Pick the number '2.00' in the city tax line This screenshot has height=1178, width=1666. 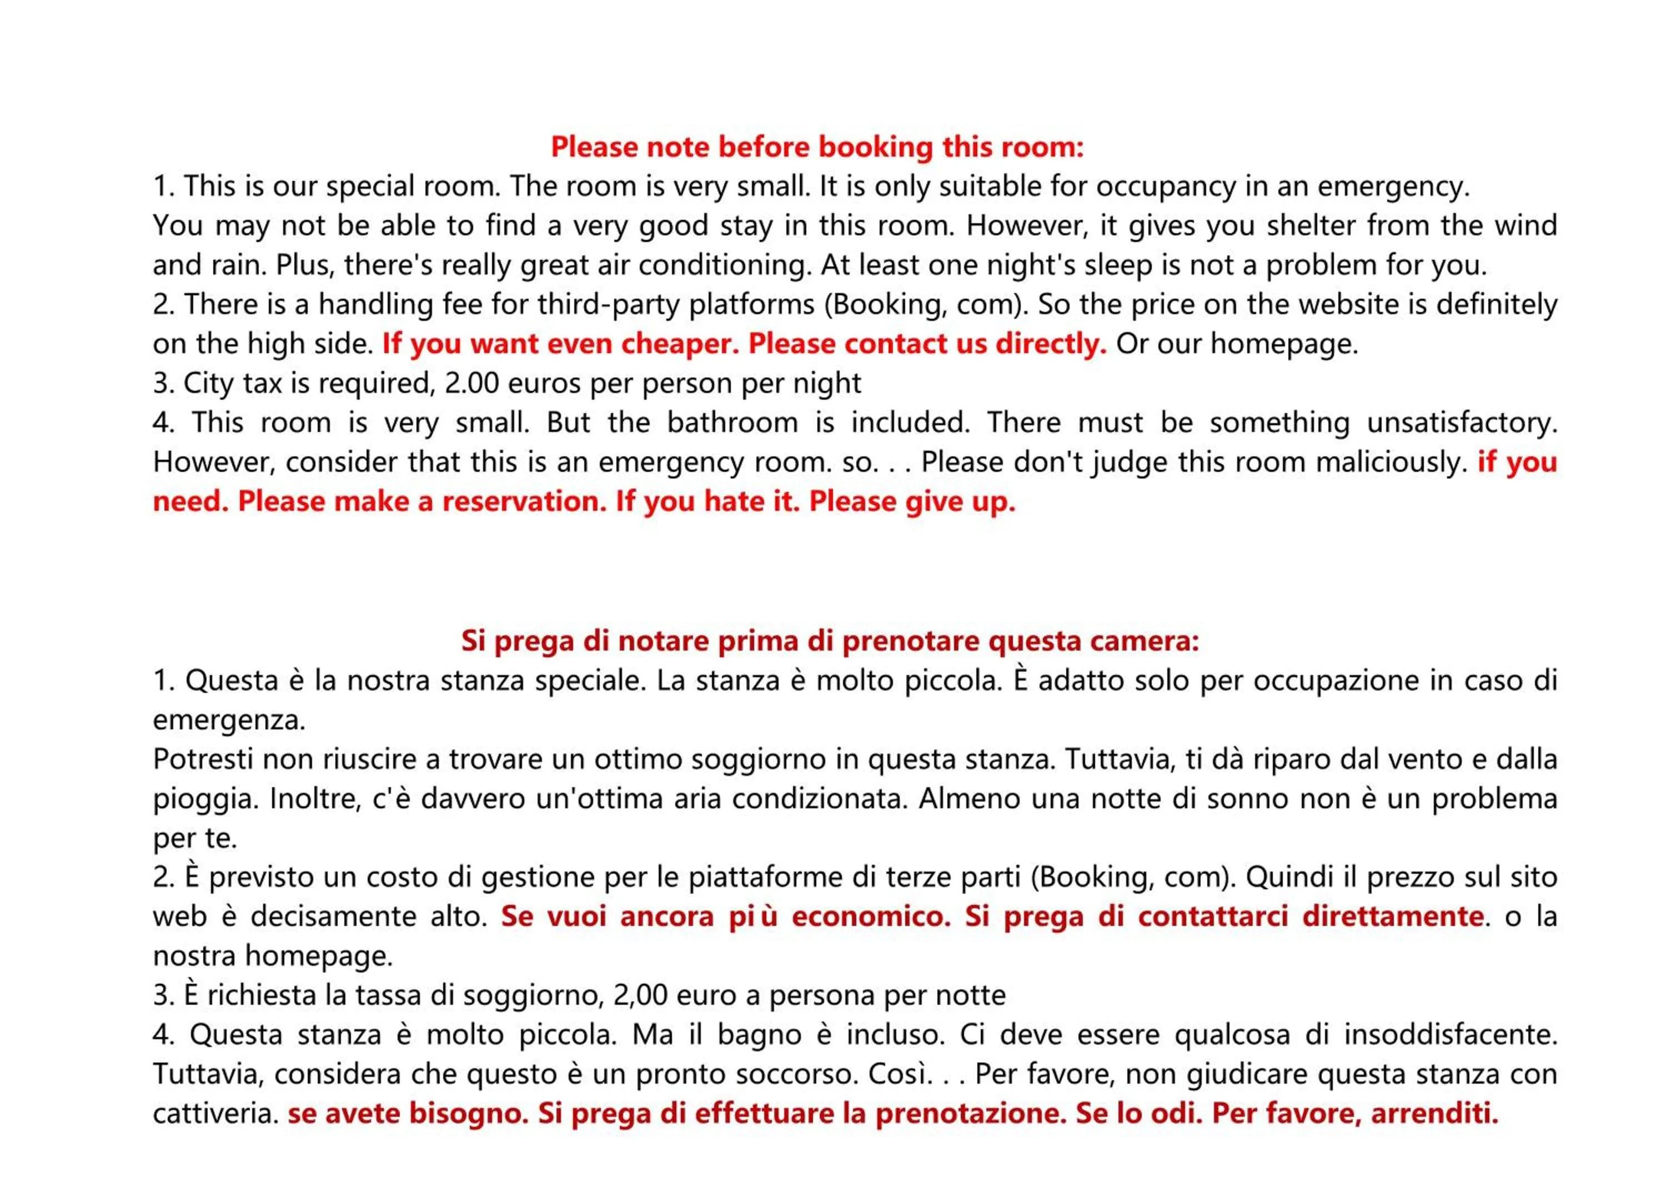pyautogui.click(x=471, y=383)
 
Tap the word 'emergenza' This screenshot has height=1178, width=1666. pyautogui.click(x=229, y=721)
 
